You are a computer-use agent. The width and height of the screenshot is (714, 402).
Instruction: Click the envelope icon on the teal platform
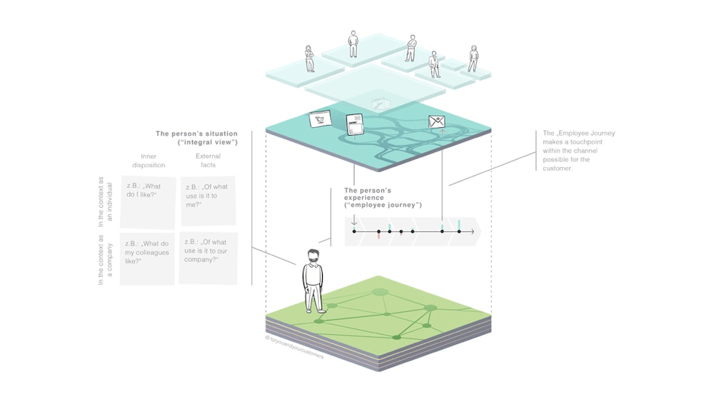436,122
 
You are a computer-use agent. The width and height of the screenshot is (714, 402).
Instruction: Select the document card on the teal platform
355,124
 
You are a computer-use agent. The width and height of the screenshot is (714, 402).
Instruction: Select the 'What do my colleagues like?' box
147,258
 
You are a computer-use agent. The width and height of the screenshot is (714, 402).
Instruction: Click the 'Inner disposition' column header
149,161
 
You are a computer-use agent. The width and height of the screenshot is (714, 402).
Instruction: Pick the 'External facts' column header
208,161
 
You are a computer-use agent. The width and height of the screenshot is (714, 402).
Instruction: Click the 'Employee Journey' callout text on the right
578,151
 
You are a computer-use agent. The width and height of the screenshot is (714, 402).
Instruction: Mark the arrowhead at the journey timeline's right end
477,231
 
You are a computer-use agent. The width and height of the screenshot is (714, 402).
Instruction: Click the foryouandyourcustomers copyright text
294,348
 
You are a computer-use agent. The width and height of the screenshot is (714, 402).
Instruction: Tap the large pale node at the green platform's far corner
380,291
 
